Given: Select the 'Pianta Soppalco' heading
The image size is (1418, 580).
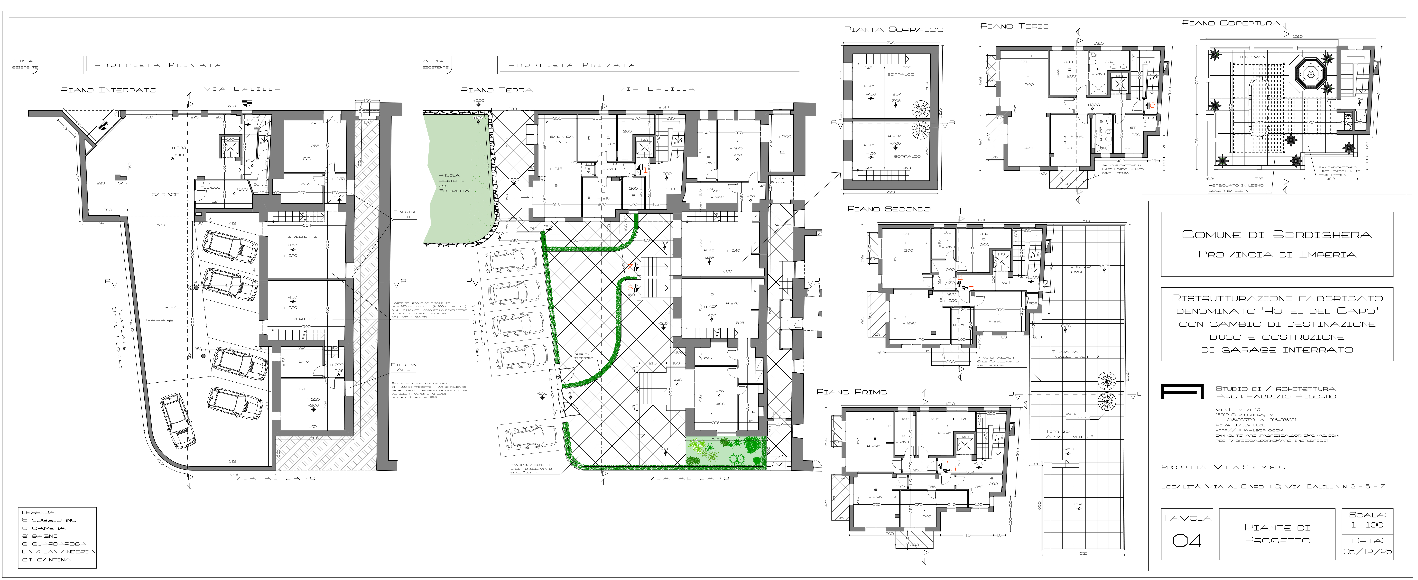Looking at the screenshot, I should point(893,30).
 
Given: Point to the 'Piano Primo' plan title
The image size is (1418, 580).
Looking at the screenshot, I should point(852,392).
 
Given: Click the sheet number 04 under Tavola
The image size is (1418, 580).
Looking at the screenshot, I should point(1186,540).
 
